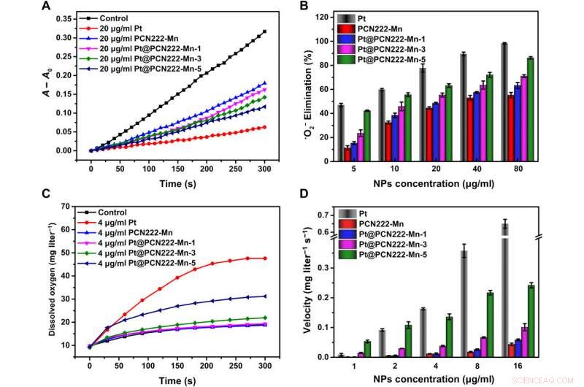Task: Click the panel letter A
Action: tap(46, 7)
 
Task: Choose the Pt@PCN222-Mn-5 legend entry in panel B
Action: tap(416, 59)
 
